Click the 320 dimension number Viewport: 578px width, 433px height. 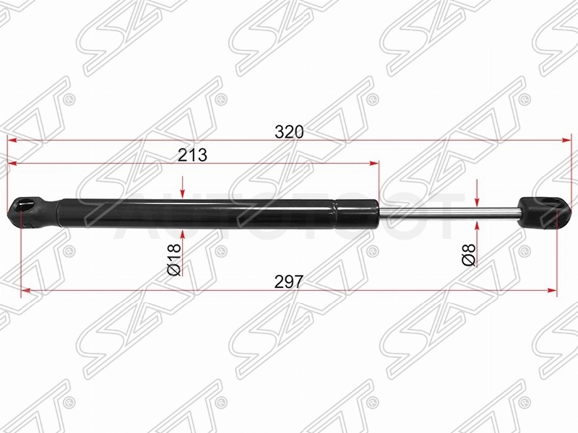289,132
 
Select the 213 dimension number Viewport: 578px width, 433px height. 192,155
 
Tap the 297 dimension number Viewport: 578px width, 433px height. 289,282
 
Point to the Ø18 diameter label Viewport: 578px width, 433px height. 174,260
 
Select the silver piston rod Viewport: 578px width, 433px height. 448,214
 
